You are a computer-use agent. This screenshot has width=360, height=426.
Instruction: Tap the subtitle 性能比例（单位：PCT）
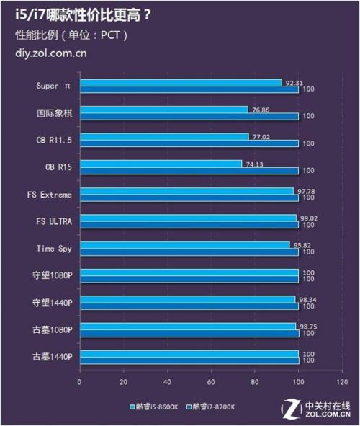click(71, 35)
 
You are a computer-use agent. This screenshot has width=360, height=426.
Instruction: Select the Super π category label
click(54, 86)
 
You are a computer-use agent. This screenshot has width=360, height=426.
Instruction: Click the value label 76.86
click(261, 110)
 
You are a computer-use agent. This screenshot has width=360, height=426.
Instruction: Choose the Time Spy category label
click(54, 248)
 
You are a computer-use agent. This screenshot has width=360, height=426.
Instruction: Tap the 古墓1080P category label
click(52, 329)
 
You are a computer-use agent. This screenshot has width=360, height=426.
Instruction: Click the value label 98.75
click(307, 327)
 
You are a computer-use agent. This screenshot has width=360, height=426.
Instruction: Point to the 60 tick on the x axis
click(211, 382)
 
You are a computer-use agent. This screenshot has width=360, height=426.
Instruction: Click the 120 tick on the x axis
click(342, 382)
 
